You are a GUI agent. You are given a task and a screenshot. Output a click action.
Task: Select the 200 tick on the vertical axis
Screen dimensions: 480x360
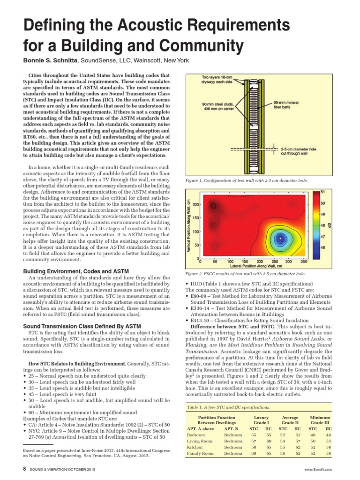coord(195,205)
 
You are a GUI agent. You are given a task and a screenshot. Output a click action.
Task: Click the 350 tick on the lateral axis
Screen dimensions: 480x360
coord(303,262)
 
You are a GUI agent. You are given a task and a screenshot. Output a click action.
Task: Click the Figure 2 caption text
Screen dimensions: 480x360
coord(246,273)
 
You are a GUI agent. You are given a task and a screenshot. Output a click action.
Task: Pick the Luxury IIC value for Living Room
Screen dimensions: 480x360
coord(268,441)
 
